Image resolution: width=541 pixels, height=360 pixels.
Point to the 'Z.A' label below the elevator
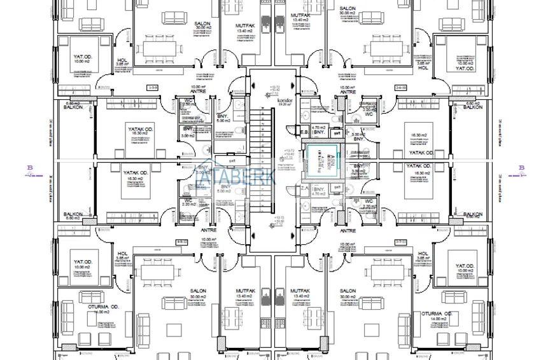[x=304, y=188]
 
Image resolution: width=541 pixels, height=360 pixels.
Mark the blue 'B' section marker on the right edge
[x=521, y=168]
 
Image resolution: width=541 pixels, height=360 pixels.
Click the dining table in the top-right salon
[x=384, y=48]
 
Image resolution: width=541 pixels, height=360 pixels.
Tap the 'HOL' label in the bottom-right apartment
[x=422, y=253]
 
